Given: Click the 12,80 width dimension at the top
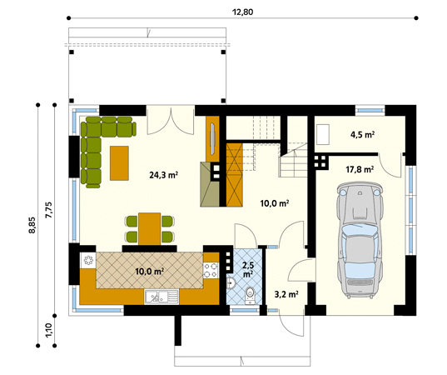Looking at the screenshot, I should pyautogui.click(x=244, y=10).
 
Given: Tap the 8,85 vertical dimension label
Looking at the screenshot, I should pyautogui.click(x=32, y=225).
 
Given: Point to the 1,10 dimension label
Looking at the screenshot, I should pyautogui.click(x=49, y=331).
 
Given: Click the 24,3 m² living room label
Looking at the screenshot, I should pyautogui.click(x=164, y=175).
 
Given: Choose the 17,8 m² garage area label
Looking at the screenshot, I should pyautogui.click(x=359, y=170).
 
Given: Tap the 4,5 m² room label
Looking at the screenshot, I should pyautogui.click(x=361, y=133).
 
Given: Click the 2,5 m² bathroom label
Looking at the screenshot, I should pyautogui.click(x=247, y=270).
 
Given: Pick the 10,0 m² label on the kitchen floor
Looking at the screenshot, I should pyautogui.click(x=150, y=271).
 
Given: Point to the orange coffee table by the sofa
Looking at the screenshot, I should pyautogui.click(x=119, y=163).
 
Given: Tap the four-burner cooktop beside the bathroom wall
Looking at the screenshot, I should pyautogui.click(x=211, y=268).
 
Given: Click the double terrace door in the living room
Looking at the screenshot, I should pyautogui.click(x=171, y=120).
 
